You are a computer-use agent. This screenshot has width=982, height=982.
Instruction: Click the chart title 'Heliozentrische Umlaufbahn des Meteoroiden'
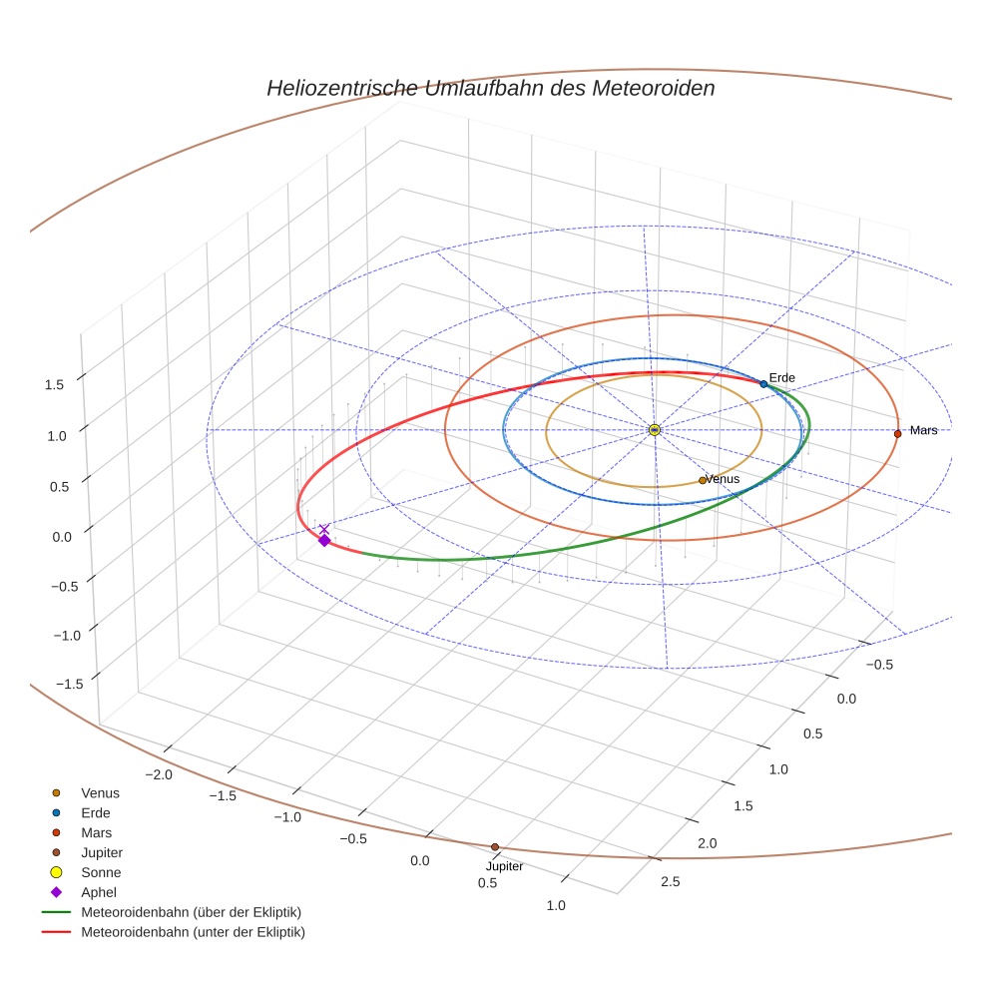coord(490,88)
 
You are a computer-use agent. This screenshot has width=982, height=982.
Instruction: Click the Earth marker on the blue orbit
coord(763,384)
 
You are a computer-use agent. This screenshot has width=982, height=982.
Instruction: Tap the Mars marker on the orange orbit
coord(897,433)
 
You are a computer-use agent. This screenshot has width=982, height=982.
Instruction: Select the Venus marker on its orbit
coord(703,480)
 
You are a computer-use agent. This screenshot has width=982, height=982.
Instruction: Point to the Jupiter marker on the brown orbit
coord(495,847)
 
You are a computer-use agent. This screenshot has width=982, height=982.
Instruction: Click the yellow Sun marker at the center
coord(655,430)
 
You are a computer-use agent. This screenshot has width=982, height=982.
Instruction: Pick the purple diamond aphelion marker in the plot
coord(324,540)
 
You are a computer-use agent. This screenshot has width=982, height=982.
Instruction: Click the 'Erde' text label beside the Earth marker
coord(781,377)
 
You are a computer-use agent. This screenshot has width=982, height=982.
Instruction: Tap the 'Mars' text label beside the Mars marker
coord(923,430)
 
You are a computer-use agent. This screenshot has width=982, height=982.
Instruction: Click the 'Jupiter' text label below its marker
coord(504,866)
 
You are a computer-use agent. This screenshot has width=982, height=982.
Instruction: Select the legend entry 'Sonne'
coord(101,872)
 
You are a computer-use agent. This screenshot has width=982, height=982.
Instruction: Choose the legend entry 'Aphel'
coord(99,892)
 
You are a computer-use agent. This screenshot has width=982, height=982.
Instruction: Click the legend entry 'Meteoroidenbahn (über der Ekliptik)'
coord(191,912)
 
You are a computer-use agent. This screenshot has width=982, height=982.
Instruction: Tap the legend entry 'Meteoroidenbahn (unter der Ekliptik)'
coord(193,932)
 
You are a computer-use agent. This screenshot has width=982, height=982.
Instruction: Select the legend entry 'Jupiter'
coord(102,852)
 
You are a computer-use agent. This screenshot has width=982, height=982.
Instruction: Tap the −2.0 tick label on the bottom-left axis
coord(160,775)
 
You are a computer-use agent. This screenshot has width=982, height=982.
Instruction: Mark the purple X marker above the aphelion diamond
coord(324,528)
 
